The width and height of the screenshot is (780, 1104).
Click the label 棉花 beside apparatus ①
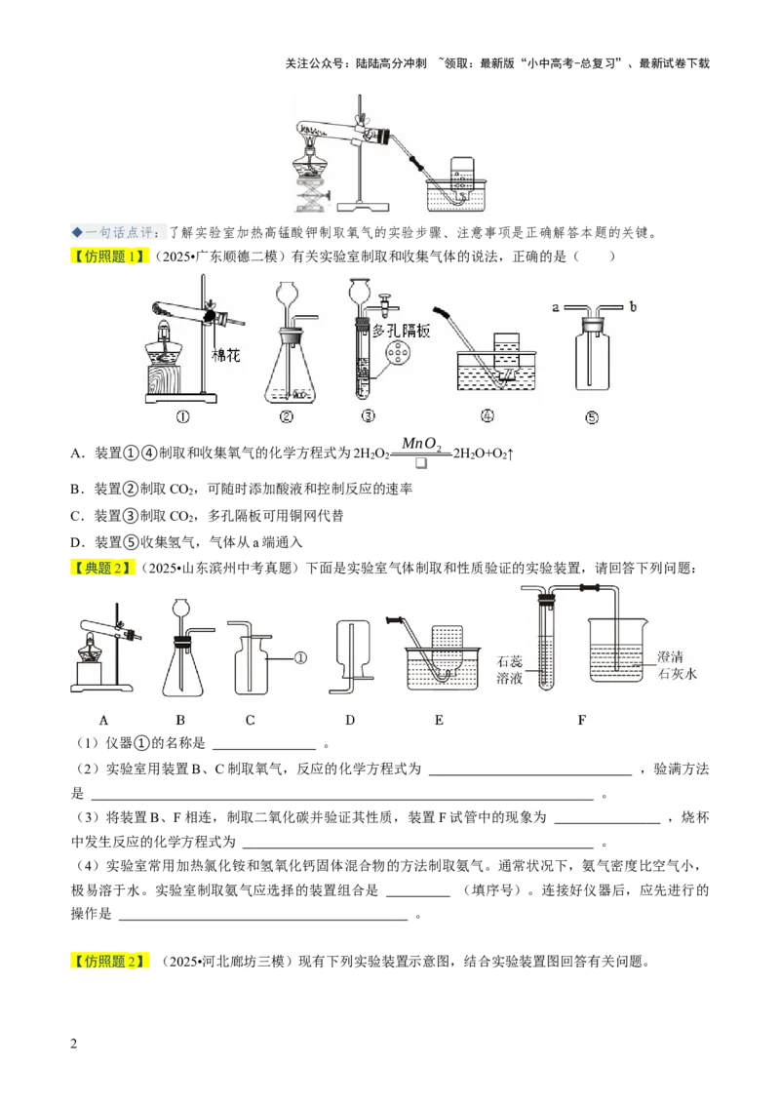226,355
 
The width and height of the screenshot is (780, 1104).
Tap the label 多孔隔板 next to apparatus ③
402,331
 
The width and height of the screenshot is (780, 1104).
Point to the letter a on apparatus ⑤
556,307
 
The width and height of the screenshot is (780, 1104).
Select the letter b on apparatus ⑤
633,306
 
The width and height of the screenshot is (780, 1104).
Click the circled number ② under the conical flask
286,416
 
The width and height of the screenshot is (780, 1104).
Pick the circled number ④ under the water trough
487,415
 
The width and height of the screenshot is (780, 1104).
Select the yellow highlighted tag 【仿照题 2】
109,961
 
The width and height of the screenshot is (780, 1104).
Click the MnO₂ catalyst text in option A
421,444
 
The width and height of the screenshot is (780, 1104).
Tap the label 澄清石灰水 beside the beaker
677,665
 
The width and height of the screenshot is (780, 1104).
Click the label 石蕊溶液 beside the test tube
510,670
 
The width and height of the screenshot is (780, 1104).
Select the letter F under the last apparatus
581,720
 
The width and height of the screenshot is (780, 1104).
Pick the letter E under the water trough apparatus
439,720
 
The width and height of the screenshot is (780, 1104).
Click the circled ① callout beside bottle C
300,658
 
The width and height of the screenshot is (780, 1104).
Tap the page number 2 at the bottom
74,1044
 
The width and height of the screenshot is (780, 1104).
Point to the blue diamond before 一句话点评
77,232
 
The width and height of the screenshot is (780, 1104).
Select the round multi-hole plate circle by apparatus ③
399,353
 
